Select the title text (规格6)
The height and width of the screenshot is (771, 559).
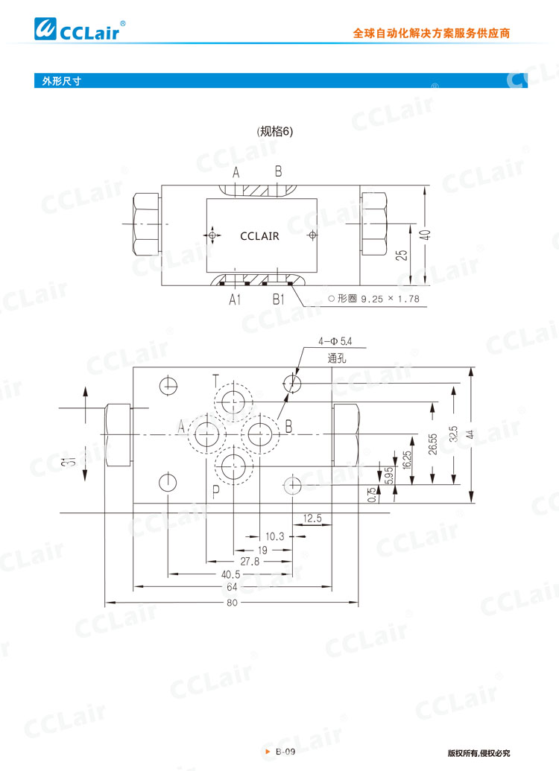point(276,131)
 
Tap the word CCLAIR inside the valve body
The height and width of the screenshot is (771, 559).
point(259,236)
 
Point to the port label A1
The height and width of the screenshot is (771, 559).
point(235,299)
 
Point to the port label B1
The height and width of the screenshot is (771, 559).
point(279,299)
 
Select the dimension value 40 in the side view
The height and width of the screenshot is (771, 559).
point(424,235)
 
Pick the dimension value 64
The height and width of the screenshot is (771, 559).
point(232,587)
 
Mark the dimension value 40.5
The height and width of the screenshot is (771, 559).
point(231,574)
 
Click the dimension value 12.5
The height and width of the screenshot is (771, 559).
point(312,518)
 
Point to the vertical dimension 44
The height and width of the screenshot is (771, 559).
point(470,434)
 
